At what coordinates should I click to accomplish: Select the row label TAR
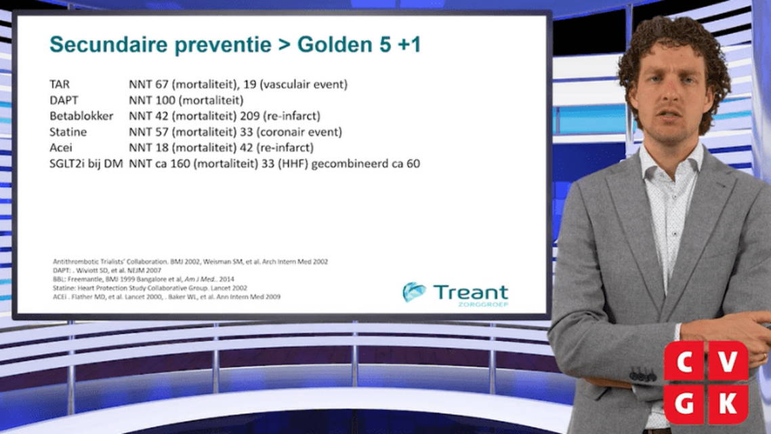(x=60, y=84)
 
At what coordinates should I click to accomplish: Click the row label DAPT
(x=64, y=100)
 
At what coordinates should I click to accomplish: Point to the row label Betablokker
(x=81, y=116)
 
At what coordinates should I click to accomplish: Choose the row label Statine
(x=68, y=132)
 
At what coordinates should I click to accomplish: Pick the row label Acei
(x=60, y=148)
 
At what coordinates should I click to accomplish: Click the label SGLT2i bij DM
(x=86, y=163)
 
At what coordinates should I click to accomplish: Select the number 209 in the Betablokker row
(x=250, y=116)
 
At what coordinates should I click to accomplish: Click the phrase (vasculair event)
(x=304, y=84)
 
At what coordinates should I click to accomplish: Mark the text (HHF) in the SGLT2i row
(x=293, y=163)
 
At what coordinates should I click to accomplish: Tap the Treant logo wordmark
(x=471, y=292)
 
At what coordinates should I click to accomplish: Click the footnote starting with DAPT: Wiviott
(x=106, y=271)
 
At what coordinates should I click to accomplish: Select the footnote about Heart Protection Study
(x=150, y=288)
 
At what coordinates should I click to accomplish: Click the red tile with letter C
(x=685, y=361)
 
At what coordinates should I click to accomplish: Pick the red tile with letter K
(x=728, y=404)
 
